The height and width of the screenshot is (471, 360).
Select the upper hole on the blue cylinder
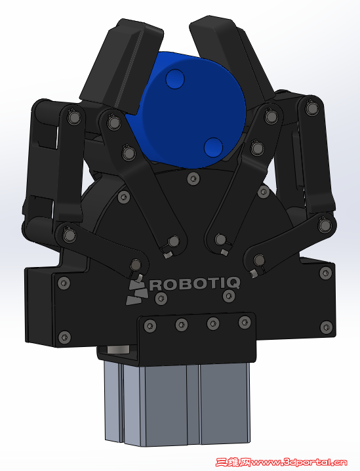click(x=174, y=79)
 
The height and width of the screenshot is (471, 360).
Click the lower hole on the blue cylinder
click(x=212, y=146)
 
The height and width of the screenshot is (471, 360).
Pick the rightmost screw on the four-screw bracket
click(x=245, y=321)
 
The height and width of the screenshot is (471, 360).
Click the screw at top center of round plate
click(x=193, y=178)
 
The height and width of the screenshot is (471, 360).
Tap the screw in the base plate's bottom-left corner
click(x=64, y=337)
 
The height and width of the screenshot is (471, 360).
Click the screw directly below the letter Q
click(x=229, y=297)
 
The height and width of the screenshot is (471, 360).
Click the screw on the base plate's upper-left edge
click(x=63, y=283)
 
